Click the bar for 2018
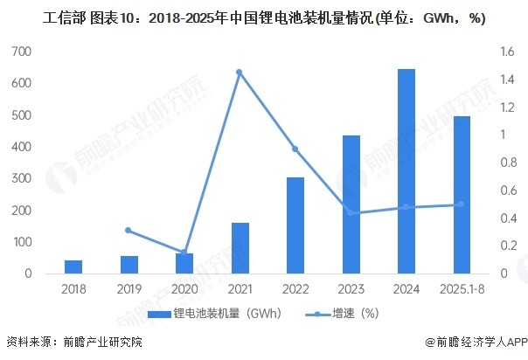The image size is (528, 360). tap(73, 267)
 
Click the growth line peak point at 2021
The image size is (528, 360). tap(240, 72)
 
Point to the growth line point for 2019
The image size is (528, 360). tap(129, 230)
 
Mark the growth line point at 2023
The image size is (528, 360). tap(351, 213)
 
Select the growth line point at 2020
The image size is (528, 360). tap(184, 252)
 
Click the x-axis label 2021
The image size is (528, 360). tap(240, 289)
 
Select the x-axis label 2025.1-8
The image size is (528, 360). tap(462, 289)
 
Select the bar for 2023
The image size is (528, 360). tap(351, 204)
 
